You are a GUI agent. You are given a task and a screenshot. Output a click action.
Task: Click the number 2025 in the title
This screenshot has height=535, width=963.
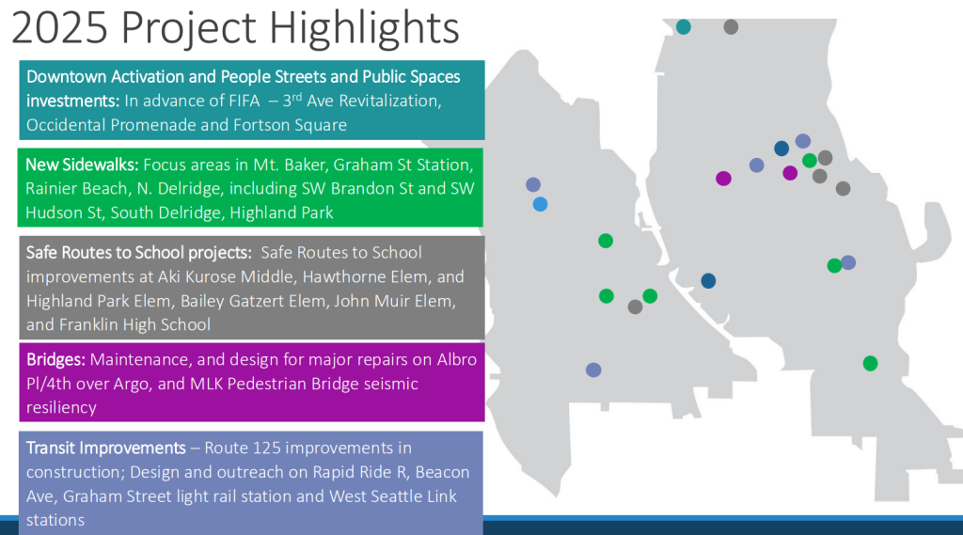click(x=59, y=27)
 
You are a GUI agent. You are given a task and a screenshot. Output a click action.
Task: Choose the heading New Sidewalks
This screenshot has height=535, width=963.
click(x=82, y=165)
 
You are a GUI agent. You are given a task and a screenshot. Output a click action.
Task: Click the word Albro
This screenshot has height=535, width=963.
click(x=456, y=359)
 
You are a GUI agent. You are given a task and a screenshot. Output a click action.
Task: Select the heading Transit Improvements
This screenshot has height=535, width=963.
click(x=105, y=448)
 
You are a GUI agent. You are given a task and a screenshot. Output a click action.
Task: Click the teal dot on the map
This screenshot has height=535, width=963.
click(x=684, y=27)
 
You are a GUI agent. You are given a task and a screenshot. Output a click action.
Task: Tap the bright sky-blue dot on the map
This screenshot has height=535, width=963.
click(x=540, y=204)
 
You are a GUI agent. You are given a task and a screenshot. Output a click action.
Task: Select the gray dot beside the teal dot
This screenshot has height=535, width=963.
click(x=731, y=27)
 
